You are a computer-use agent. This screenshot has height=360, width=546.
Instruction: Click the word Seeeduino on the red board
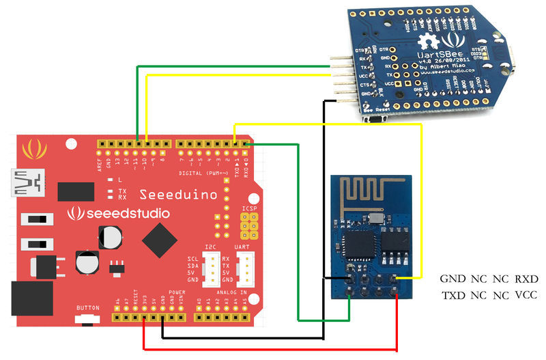pyautogui.click(x=178, y=195)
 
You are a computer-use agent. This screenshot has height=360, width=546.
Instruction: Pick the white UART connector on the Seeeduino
pyautogui.click(x=244, y=269)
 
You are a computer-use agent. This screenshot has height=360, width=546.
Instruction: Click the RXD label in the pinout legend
pyautogui.click(x=526, y=279)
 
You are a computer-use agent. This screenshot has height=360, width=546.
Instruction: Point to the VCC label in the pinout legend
pyautogui.click(x=526, y=296)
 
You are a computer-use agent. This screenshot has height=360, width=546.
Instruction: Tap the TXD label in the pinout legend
pyautogui.click(x=452, y=296)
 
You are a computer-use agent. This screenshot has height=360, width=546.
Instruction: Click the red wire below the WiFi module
pyautogui.click(x=273, y=349)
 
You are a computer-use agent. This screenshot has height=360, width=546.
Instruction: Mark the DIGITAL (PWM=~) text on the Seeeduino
pyautogui.click(x=205, y=173)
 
